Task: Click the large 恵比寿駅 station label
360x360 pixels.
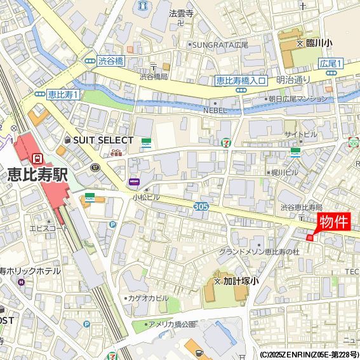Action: tap(37, 175)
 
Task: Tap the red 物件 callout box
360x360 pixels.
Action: tap(333, 222)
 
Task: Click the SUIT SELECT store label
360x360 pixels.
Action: tap(103, 140)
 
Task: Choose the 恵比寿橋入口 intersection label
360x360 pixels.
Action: tap(240, 80)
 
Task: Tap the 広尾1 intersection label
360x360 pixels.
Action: tap(330, 63)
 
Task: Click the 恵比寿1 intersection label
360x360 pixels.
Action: tap(63, 94)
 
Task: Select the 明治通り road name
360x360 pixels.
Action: tap(293, 79)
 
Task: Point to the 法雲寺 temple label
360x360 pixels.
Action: tap(180, 13)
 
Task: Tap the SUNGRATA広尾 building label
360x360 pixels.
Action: tap(222, 45)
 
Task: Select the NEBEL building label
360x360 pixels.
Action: tap(215, 110)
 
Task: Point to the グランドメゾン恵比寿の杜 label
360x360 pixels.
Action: tap(258, 252)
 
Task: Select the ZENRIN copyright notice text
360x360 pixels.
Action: tap(309, 354)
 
